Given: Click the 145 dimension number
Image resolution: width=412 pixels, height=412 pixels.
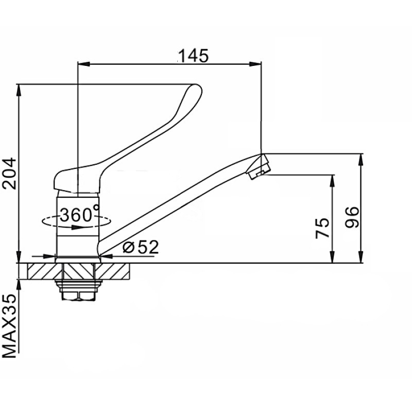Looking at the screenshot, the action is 194,56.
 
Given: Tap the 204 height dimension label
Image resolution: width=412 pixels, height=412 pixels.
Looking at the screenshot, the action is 9,174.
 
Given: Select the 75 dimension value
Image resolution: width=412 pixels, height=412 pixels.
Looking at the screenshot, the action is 322,228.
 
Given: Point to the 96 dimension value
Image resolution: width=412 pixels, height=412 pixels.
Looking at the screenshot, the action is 352,217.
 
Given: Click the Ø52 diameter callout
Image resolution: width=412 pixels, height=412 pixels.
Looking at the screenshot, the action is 141,247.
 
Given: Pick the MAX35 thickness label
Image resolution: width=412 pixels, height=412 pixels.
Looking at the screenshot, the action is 9,326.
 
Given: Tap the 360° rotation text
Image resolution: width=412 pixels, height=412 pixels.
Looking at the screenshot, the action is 80,214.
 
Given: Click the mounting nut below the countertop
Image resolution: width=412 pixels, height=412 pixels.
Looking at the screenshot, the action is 79,290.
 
